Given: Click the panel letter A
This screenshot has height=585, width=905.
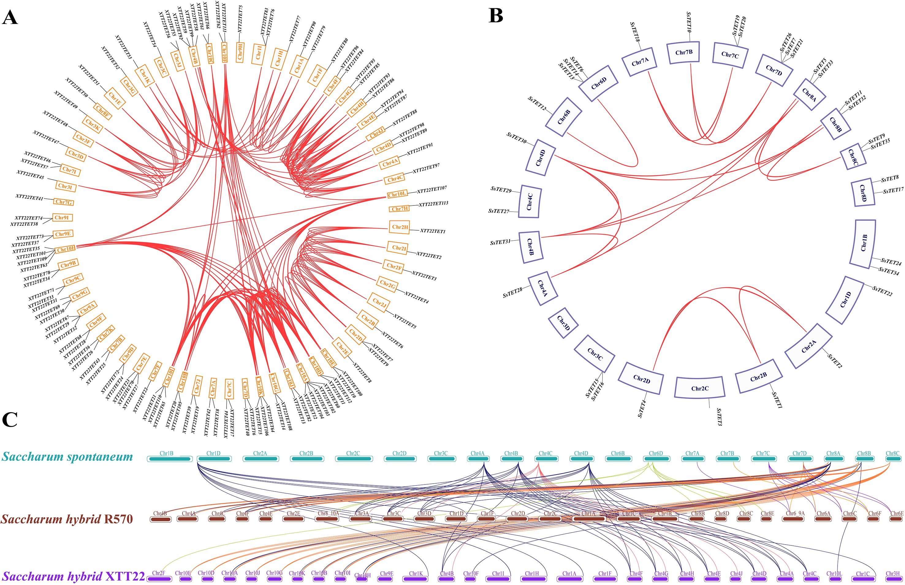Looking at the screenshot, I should coord(10,17).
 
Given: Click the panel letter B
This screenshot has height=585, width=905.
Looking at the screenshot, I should coord(496,16).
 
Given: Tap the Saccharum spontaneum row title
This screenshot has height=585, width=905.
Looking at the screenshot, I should coord(67,456).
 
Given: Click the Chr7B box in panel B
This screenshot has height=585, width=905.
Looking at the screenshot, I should coord(684,52).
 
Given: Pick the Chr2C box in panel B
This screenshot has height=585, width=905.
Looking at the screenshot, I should coord(700,388).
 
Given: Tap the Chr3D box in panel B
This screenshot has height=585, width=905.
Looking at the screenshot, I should coord(563,323).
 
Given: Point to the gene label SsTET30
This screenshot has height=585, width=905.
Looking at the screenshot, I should coord(517,138).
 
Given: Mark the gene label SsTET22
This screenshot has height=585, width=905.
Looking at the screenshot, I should coord(882,291).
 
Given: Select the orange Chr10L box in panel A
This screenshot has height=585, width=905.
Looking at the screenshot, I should coord(397,194).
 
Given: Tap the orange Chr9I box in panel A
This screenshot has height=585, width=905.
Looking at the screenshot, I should coord(61,218).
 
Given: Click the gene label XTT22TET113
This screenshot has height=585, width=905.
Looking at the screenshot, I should coord(433,204).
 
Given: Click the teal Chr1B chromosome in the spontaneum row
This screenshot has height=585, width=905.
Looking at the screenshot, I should coord(169,459).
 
